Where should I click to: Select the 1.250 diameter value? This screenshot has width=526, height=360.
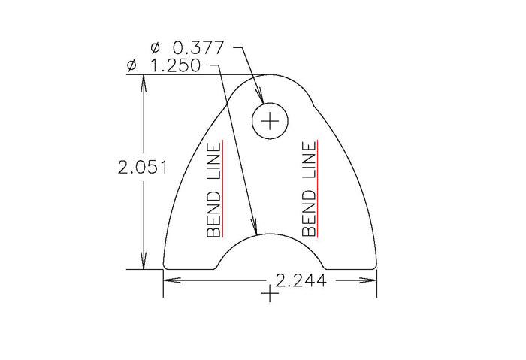(x=176, y=66)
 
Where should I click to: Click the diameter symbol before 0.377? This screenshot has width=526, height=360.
(x=156, y=48)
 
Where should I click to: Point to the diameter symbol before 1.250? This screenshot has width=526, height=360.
(x=133, y=66)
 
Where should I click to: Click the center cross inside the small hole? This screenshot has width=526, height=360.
(x=271, y=120)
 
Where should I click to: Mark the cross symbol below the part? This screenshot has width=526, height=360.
(x=269, y=294)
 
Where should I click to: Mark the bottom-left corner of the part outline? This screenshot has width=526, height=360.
(x=165, y=267)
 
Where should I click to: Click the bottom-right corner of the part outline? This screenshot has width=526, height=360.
(x=376, y=267)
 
